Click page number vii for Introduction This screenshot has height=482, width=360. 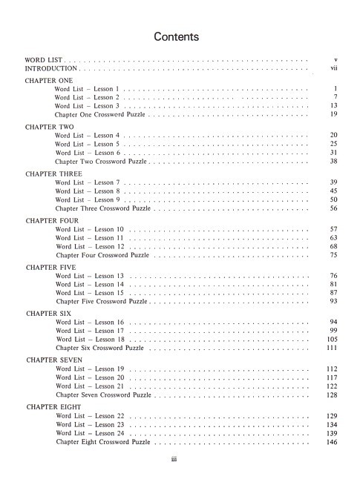334,67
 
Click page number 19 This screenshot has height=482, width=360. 334,115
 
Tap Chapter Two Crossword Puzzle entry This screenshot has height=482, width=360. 102,162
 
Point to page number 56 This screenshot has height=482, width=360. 334,208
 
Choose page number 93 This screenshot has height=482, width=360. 334,302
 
